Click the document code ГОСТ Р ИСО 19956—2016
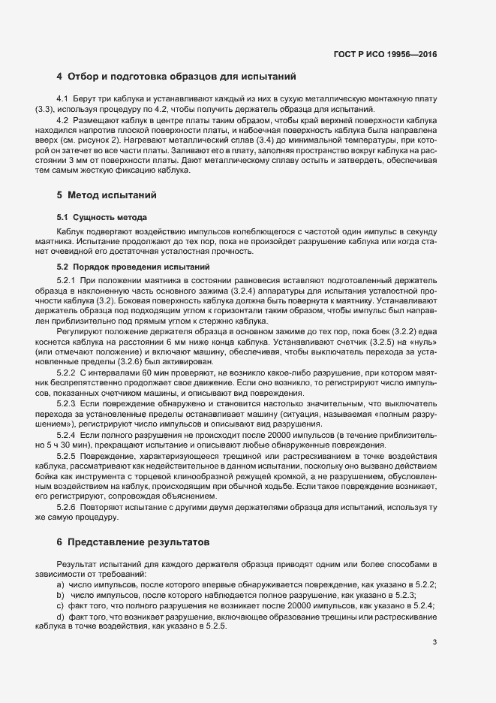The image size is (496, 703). tap(385, 54)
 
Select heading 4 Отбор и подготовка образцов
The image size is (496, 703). tap(176, 77)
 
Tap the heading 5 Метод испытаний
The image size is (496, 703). tap(107, 196)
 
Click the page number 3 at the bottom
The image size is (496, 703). tap(434, 642)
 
